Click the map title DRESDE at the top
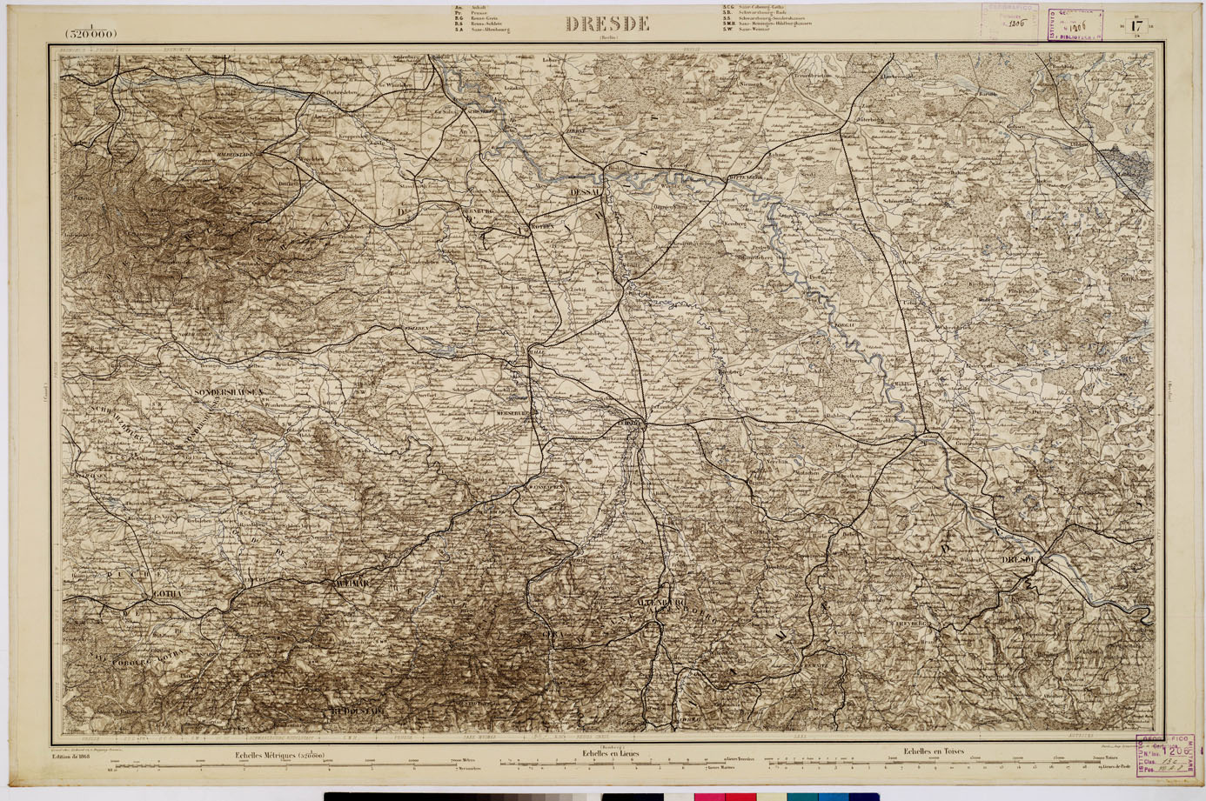point(607,24)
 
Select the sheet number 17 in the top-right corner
point(1135,25)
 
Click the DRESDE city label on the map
point(1019,558)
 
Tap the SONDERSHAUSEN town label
point(229,392)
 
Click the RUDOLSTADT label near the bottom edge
point(358,711)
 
